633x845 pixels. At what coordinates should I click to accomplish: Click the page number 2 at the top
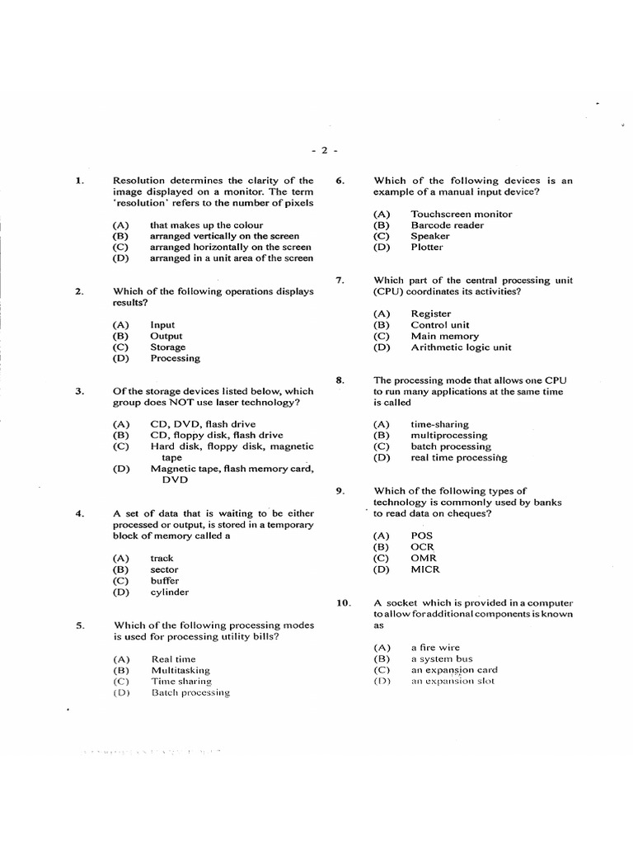click(325, 150)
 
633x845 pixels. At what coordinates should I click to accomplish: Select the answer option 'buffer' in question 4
click(164, 581)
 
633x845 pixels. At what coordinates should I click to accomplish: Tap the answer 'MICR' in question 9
click(425, 569)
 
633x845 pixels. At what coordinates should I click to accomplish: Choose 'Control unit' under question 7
click(440, 325)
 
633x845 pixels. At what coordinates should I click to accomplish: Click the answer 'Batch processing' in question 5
click(190, 693)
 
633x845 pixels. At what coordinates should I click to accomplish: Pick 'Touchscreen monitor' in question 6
click(462, 214)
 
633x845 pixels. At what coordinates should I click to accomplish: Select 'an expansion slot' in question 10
click(452, 682)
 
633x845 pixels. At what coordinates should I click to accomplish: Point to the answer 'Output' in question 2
click(166, 337)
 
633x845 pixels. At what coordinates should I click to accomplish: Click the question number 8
click(340, 380)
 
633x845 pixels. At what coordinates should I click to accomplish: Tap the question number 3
click(79, 391)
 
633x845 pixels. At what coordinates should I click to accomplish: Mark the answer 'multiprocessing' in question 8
click(449, 435)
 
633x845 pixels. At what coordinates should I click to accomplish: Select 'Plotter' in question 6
click(427, 247)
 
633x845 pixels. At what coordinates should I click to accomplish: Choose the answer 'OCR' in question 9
click(423, 547)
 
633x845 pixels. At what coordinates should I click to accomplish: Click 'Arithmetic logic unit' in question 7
click(462, 347)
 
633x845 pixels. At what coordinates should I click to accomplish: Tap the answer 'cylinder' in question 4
click(170, 592)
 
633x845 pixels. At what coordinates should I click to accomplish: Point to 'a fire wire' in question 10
click(436, 648)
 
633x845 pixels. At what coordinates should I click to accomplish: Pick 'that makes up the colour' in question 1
click(207, 224)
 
